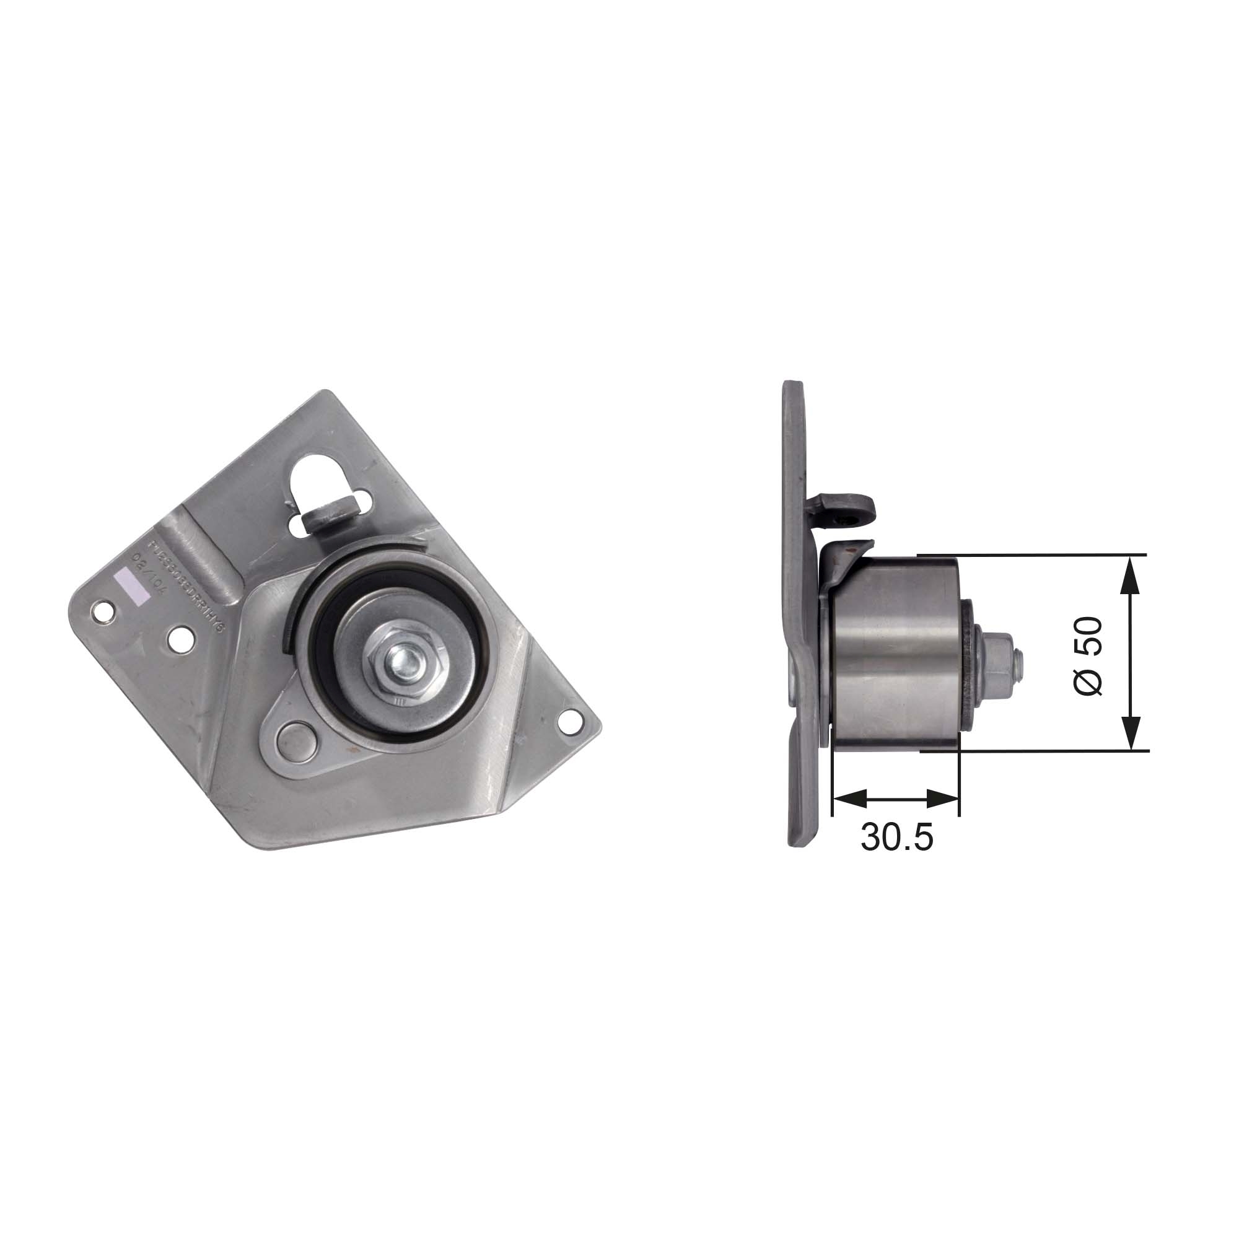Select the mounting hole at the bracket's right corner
(567, 721)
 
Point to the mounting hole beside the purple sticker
(101, 611)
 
